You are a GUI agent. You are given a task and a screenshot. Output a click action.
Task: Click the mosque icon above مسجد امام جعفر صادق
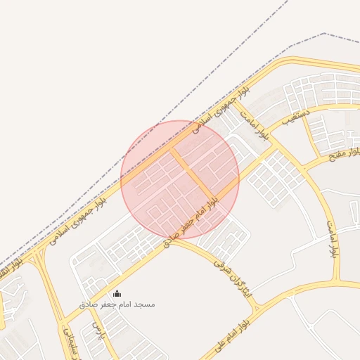(x=117, y=294)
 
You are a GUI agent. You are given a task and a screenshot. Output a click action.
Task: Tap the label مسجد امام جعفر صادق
(x=117, y=304)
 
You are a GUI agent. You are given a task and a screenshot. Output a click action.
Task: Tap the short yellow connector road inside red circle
(x=191, y=175)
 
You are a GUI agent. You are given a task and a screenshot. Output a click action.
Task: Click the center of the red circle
(x=180, y=179)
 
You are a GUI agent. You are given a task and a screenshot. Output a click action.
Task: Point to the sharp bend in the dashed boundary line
(x=323, y=33)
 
